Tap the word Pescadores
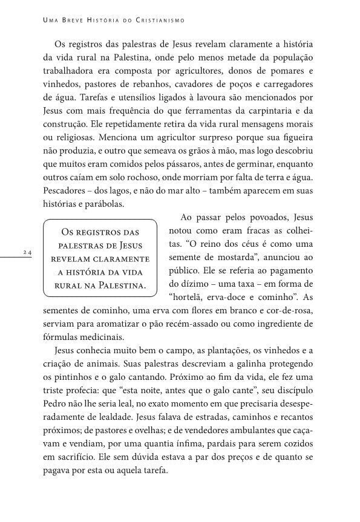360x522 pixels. click(x=65, y=191)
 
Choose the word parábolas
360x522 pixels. click(x=105, y=204)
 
